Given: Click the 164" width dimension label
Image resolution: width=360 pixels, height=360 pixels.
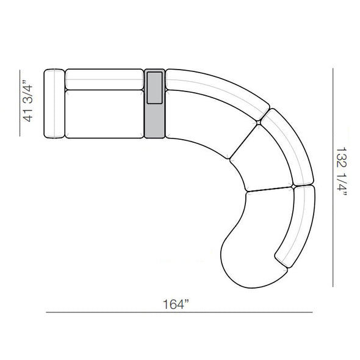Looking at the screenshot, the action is click(x=176, y=304).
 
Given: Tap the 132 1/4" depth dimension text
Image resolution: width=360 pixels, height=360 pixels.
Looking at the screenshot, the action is click(x=342, y=171).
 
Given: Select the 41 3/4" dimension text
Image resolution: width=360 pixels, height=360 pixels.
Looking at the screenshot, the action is click(x=27, y=101).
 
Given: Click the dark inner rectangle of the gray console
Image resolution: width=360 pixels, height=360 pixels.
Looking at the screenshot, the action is click(x=155, y=88).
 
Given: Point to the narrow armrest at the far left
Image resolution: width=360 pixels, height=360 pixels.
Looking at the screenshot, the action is click(x=54, y=104).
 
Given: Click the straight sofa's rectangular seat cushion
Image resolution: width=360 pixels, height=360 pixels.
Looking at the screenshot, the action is click(x=104, y=114).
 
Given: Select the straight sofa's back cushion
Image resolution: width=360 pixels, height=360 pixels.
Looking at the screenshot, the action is click(x=104, y=79).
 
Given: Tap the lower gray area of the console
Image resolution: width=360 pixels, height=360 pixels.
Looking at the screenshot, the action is click(x=155, y=121).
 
